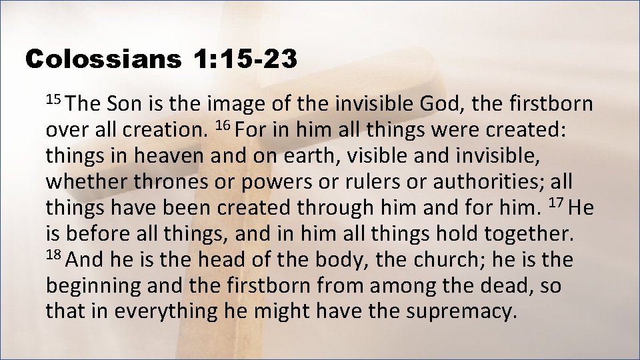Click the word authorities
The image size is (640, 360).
(x=478, y=183)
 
